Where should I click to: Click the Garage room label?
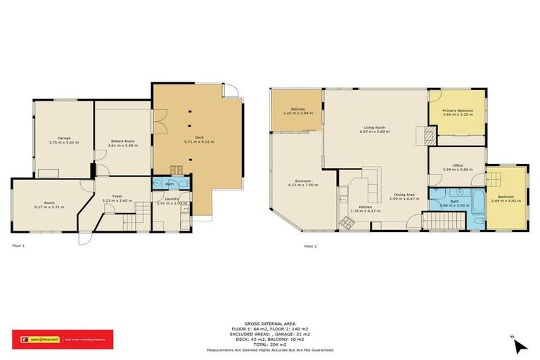pos(64,138)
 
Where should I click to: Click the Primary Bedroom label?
pos(457,110)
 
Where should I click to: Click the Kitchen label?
pos(364,207)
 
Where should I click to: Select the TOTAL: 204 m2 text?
pos(269,344)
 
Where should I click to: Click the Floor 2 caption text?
pos(310,246)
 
